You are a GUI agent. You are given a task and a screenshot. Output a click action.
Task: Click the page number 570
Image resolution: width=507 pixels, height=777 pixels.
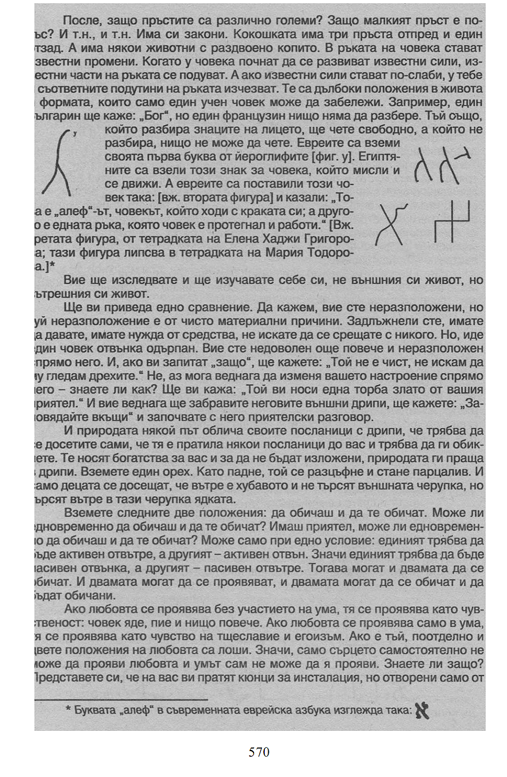259,752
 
